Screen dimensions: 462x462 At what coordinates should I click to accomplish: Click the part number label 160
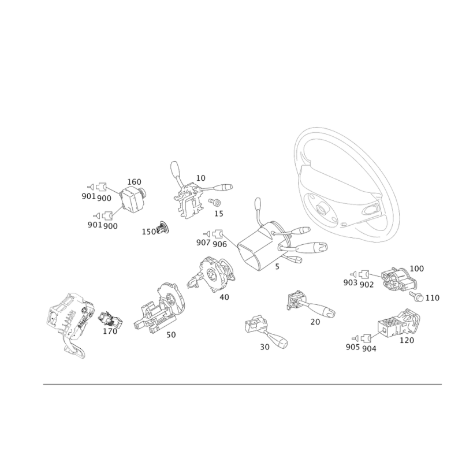(134, 182)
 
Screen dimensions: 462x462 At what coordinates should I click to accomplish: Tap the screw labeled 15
(215, 202)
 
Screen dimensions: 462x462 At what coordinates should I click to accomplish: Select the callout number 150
(149, 232)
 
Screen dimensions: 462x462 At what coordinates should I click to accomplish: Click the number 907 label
(203, 243)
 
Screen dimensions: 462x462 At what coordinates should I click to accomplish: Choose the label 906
(220, 244)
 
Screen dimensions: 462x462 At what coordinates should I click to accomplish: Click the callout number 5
(277, 267)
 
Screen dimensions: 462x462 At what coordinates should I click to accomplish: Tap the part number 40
(224, 297)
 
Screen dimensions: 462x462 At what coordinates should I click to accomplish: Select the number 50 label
(171, 335)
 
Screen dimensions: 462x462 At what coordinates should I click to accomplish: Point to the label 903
(350, 282)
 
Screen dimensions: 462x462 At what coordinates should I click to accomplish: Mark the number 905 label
(353, 347)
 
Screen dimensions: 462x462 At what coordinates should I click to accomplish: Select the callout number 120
(407, 340)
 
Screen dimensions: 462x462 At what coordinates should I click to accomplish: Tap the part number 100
(416, 269)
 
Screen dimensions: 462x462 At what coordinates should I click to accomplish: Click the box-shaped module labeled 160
(133, 199)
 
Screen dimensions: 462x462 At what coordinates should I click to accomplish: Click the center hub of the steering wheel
(320, 208)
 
